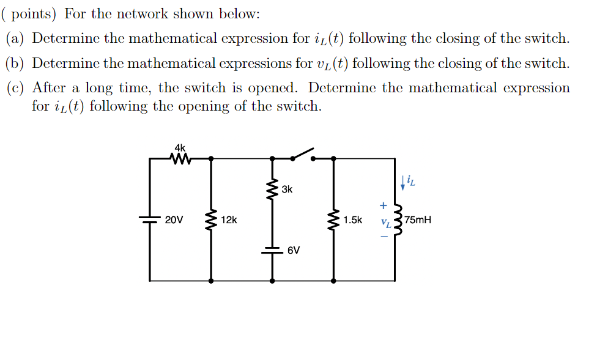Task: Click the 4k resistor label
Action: pos(179,148)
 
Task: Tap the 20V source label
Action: pos(174,219)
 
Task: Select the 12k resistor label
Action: pos(229,219)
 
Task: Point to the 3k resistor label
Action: pos(287,189)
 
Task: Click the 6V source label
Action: pos(294,250)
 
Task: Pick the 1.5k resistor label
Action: pos(353,219)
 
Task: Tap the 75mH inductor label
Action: pos(417,219)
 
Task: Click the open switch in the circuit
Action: pos(302,153)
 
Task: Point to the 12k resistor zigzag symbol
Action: pos(212,219)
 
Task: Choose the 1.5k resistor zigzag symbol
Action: pos(334,219)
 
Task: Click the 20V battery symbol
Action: pos(150,219)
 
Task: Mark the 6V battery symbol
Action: pos(272,249)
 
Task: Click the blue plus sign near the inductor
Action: pos(384,206)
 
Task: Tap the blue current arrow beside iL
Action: pos(402,182)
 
